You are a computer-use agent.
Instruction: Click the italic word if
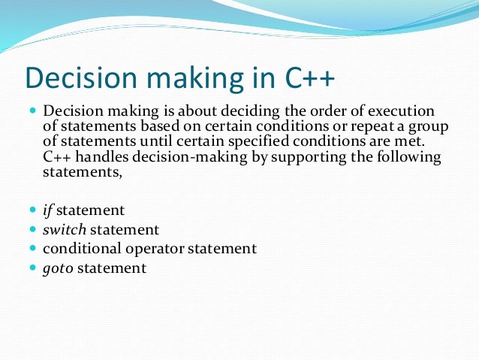[48, 210]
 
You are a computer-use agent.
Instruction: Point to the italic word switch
[62, 229]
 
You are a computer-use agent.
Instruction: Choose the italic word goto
[58, 268]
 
